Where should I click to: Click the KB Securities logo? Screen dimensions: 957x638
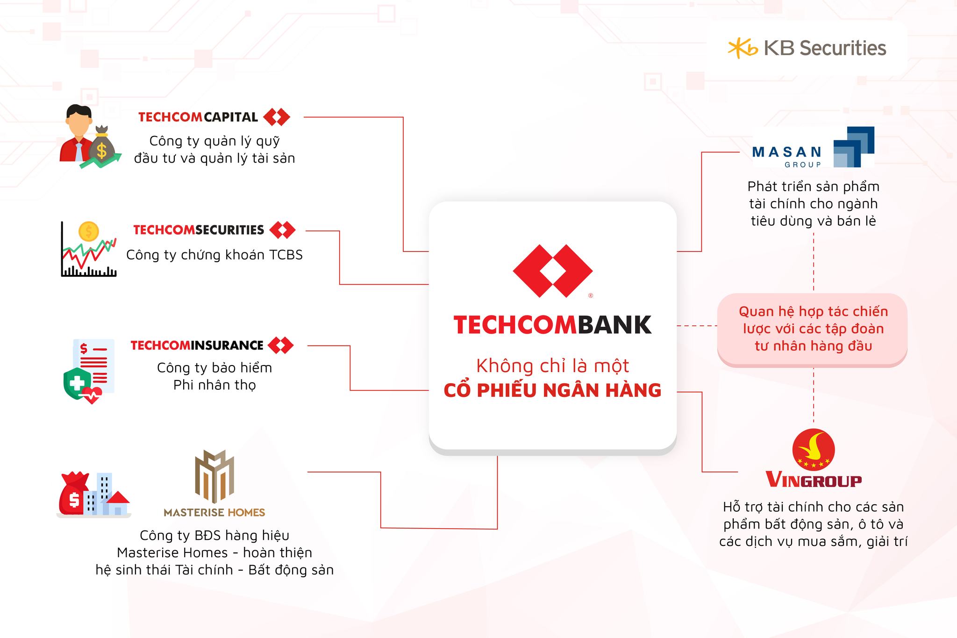pyautogui.click(x=807, y=48)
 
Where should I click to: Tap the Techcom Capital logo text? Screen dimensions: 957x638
pyautogui.click(x=198, y=117)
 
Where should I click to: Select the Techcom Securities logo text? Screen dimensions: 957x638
pyautogui.click(x=199, y=230)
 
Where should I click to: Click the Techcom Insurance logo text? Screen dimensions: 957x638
pyautogui.click(x=197, y=345)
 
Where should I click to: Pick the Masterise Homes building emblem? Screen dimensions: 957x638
pyautogui.click(x=214, y=477)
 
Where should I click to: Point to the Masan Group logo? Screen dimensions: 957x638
pyautogui.click(x=813, y=147)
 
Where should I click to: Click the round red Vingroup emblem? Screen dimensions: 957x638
pyautogui.click(x=814, y=450)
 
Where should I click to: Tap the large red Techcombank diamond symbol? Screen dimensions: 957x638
pyautogui.click(x=553, y=271)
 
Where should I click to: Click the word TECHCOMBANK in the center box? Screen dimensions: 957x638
pyautogui.click(x=553, y=325)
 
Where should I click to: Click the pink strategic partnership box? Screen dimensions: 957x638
pyautogui.click(x=812, y=329)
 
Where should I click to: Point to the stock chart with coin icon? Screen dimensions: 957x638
pyautogui.click(x=89, y=249)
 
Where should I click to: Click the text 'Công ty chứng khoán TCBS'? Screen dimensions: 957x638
pyautogui.click(x=214, y=255)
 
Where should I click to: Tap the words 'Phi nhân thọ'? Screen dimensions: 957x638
pyautogui.click(x=214, y=385)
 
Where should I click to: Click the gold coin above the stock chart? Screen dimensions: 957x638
pyautogui.click(x=89, y=231)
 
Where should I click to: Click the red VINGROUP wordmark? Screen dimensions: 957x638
pyautogui.click(x=814, y=480)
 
